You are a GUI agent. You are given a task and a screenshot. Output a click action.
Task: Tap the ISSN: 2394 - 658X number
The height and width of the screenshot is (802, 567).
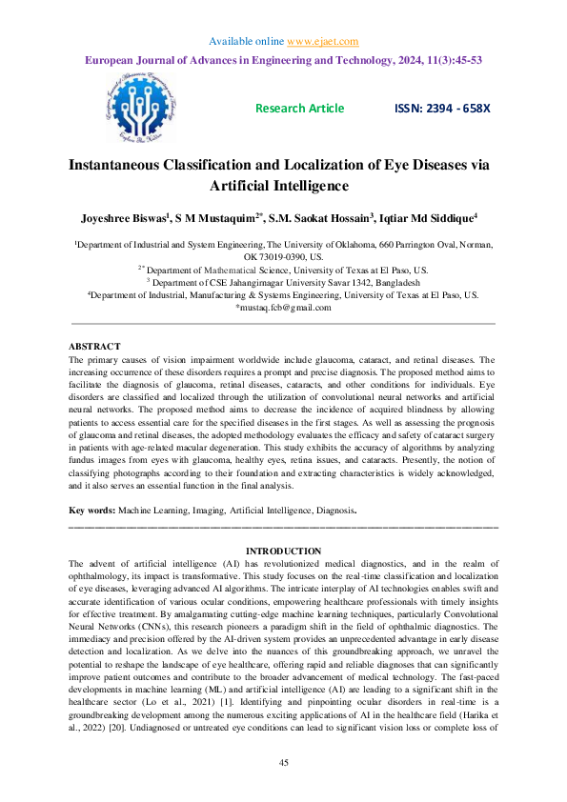(x=442, y=108)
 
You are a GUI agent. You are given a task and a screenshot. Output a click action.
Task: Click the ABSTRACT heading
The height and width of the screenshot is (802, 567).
(x=94, y=347)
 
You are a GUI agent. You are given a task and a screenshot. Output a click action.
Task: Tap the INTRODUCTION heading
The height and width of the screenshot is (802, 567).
(x=283, y=551)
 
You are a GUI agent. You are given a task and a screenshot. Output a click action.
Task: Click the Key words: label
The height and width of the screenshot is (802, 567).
(x=91, y=511)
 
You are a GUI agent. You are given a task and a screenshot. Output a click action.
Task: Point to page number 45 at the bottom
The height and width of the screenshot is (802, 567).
(x=283, y=764)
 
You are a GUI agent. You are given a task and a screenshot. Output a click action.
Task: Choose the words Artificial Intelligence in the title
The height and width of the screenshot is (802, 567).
(x=283, y=186)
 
